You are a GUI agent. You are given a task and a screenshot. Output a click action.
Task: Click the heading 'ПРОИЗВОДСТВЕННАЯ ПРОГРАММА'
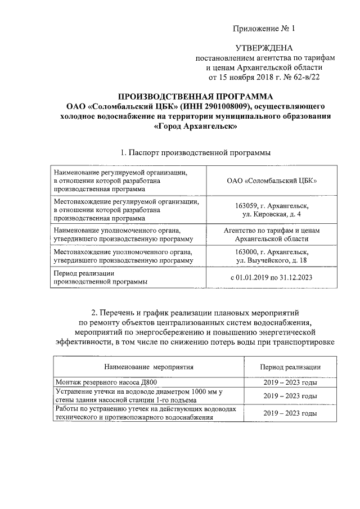pyautogui.click(x=195, y=96)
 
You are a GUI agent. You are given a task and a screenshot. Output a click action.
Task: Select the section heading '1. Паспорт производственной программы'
pyautogui.click(x=195, y=152)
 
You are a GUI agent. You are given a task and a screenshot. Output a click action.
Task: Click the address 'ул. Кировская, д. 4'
pyautogui.click(x=272, y=214)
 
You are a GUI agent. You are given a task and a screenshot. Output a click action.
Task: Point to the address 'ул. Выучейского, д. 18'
pyautogui.click(x=272, y=261)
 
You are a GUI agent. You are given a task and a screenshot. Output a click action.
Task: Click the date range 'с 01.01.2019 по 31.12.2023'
pyautogui.click(x=272, y=277)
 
